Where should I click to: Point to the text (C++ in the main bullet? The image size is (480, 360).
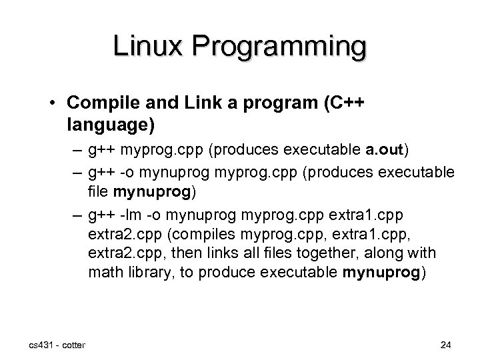341,106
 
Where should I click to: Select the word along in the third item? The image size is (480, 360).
391,254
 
